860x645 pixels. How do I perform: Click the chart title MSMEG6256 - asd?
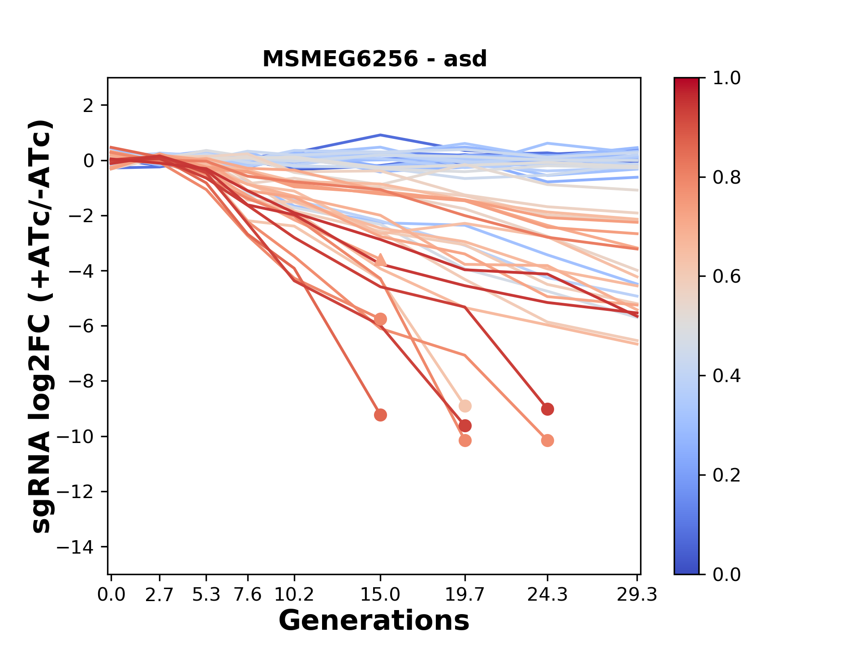click(x=374, y=59)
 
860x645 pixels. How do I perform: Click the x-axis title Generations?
click(x=374, y=621)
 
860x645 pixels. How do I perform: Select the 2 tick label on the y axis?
click(x=89, y=106)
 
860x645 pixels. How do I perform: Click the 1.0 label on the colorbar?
click(x=727, y=78)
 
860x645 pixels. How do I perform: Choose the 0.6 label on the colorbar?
click(x=727, y=277)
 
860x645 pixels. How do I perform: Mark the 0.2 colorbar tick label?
click(x=727, y=475)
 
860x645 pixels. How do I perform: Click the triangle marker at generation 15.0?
click(x=380, y=260)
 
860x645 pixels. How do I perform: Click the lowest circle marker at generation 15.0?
click(x=380, y=415)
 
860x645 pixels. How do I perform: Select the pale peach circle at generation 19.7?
click(x=465, y=406)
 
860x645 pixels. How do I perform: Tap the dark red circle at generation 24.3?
click(x=547, y=409)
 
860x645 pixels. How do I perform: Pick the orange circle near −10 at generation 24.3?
click(x=547, y=441)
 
